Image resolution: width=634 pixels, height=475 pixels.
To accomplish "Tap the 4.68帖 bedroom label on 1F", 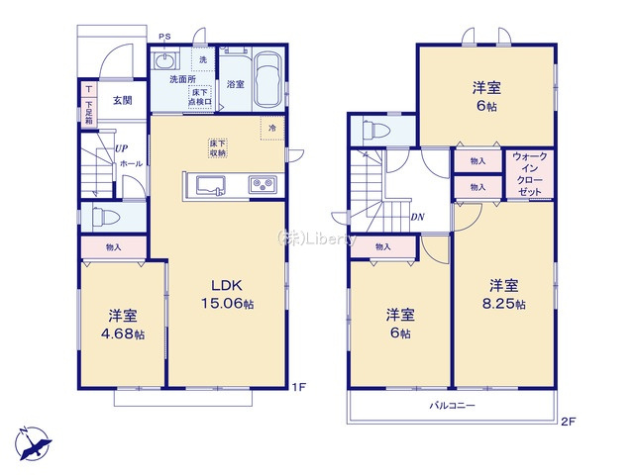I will (x=122, y=325).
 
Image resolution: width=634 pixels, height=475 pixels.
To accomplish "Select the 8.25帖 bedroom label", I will (x=504, y=294).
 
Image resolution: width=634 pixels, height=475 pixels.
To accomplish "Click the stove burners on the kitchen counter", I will (x=263, y=185).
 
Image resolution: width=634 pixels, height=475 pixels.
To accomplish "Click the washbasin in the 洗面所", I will (x=165, y=59).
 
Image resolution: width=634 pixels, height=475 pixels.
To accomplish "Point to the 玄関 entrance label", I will (x=122, y=100).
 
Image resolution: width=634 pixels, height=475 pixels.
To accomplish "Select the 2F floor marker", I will (x=568, y=422).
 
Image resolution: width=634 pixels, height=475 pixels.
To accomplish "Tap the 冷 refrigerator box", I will (x=270, y=126).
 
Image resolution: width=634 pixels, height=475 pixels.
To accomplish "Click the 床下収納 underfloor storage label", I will (x=218, y=148).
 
